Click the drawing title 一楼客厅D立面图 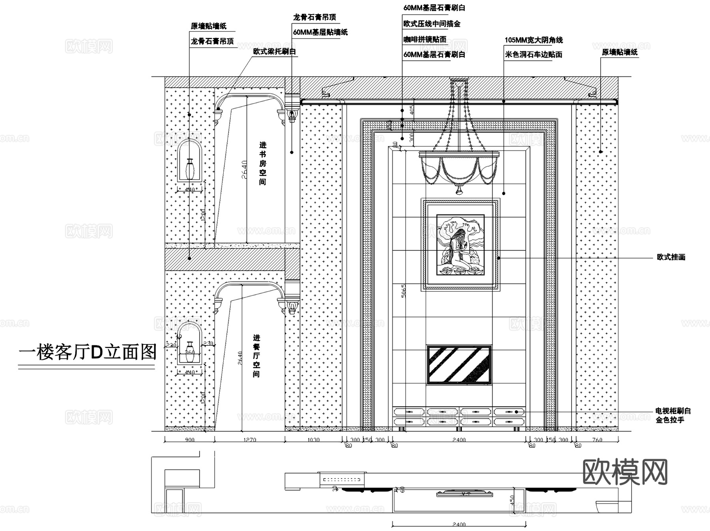pyautogui.click(x=88, y=352)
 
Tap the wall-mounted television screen pyautogui.click(x=459, y=365)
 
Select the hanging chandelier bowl pyautogui.click(x=459, y=168)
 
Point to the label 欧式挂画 pyautogui.click(x=671, y=257)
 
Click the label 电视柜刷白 pyautogui.click(x=673, y=411)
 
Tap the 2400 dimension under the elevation pyautogui.click(x=459, y=440)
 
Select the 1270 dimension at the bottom pyautogui.click(x=249, y=440)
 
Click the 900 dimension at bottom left pyautogui.click(x=189, y=440)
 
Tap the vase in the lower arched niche pyautogui.click(x=190, y=352)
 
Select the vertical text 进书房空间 pyautogui.click(x=263, y=164)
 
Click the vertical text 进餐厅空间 pyautogui.click(x=256, y=356)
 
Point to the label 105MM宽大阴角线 pyautogui.click(x=534, y=40)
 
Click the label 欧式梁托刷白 pyautogui.click(x=275, y=52)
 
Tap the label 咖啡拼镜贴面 pyautogui.click(x=424, y=39)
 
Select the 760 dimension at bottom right pyautogui.click(x=597, y=440)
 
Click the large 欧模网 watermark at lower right pyautogui.click(x=625, y=472)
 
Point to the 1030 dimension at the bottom pyautogui.click(x=313, y=440)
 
